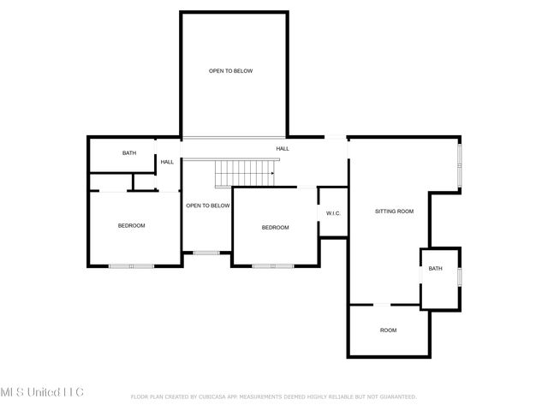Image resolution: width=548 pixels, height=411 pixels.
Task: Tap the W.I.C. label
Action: (333, 213)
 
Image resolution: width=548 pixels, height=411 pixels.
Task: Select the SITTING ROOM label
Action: (394, 211)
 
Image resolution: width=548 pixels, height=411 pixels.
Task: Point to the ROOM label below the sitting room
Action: (389, 330)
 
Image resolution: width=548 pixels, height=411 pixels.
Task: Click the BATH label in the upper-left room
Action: (128, 153)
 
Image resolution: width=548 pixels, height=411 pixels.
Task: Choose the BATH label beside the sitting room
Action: (436, 269)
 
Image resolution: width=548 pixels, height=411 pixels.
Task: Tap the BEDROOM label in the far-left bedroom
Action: (131, 225)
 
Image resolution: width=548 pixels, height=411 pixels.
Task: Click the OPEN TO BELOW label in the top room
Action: (231, 71)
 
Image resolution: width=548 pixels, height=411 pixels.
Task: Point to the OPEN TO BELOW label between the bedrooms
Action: (208, 205)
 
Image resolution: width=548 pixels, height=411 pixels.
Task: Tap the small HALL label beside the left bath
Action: (167, 161)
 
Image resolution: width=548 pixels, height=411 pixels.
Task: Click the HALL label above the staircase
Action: (282, 148)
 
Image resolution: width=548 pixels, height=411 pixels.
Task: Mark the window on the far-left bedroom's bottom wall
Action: (131, 266)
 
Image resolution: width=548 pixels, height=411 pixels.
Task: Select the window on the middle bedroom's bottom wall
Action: (273, 266)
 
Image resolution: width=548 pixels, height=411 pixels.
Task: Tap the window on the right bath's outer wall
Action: (460, 277)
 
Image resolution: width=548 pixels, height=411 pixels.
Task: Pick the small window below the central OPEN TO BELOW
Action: (205, 253)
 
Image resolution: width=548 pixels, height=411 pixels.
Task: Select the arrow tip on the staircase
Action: (271, 174)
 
